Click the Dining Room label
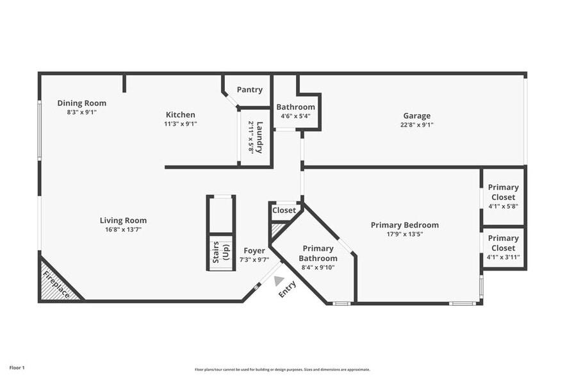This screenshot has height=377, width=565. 81,103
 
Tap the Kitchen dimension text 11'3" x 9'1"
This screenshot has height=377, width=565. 180,124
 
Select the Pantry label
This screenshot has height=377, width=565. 249,90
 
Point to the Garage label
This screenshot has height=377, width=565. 416,116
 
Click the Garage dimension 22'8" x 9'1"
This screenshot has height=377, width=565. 416,125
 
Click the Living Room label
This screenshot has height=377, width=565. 123,221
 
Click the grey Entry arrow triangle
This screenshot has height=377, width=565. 278,280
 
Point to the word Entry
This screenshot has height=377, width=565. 287,290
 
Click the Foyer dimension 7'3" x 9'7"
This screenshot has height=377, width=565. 254,260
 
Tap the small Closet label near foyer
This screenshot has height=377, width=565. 284,210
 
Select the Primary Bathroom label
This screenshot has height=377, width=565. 318,253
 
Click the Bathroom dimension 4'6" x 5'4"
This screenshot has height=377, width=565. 295,116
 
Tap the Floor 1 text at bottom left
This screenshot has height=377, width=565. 17,367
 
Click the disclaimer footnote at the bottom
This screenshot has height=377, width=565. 282,369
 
